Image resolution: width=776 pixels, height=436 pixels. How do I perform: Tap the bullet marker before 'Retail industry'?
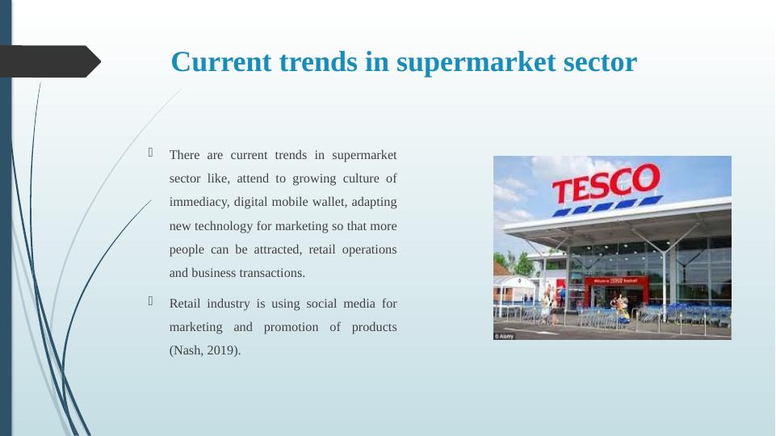point(151,303)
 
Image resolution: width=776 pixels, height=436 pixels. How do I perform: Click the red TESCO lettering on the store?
point(605,183)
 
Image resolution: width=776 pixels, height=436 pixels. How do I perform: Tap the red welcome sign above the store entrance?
point(615,281)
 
